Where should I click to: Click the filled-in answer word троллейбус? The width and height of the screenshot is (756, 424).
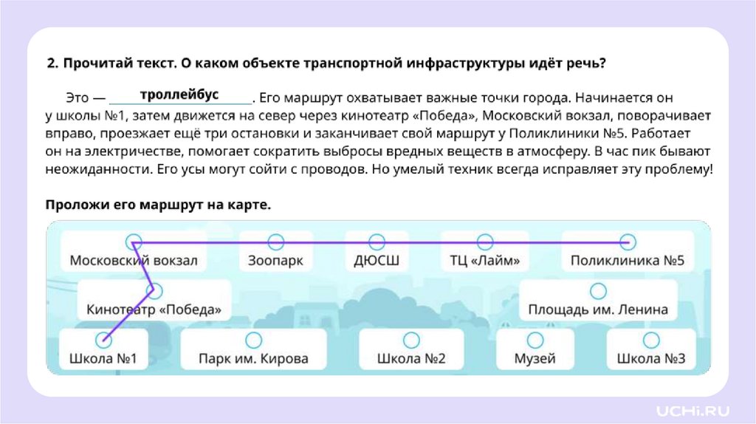pos(179,95)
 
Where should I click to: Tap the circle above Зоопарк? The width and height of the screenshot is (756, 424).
pos(275,242)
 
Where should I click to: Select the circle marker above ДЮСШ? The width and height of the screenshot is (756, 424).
pos(377,242)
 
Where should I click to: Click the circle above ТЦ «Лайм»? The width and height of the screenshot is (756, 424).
pos(484,242)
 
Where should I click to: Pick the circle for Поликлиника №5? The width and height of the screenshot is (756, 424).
pos(627,242)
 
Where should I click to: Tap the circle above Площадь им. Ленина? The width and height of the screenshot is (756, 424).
pos(598,291)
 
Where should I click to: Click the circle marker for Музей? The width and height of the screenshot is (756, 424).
pos(535,340)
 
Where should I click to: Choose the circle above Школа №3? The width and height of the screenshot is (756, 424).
pos(650,340)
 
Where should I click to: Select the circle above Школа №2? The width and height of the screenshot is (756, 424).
pos(411,340)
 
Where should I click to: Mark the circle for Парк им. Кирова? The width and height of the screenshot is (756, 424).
pos(253,340)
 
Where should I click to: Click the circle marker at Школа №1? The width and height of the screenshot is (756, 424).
pos(103,340)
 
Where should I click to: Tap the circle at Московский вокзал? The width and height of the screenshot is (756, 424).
pos(134,242)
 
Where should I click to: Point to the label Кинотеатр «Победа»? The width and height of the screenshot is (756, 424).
pos(154,310)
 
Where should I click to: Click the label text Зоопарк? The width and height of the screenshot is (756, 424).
pos(275,261)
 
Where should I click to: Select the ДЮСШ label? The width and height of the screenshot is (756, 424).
pos(377,261)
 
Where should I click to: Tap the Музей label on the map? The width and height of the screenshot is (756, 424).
pos(535,359)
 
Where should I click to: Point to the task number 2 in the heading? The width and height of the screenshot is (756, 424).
pos(51,64)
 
